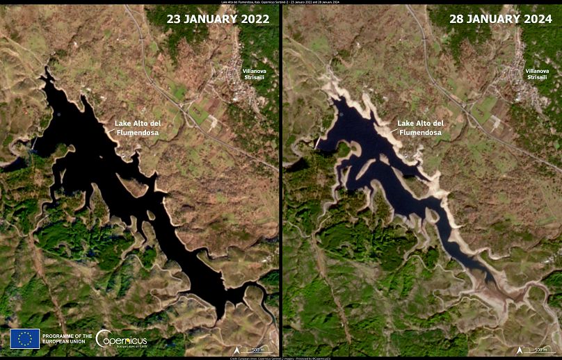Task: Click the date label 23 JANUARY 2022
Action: pos(218,19)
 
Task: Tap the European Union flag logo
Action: pos(25,338)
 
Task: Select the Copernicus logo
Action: pos(121,338)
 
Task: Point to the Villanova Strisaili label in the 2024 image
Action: pos(536,74)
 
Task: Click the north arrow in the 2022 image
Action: pos(237,349)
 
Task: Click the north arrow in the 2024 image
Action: pos(519,349)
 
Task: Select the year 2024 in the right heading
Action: pos(533,19)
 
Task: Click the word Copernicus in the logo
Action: pos(127,337)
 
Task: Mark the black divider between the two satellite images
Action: pos(281,181)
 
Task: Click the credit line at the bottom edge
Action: pos(281,358)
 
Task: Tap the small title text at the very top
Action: pos(281,2)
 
